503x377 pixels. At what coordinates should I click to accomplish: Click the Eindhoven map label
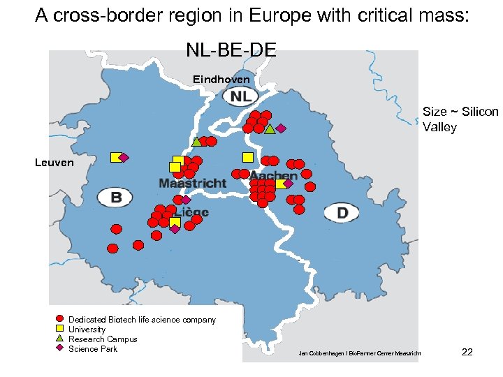(221, 80)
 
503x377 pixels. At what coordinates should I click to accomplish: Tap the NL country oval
(240, 97)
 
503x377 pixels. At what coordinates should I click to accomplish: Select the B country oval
(115, 198)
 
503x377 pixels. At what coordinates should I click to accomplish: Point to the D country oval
(342, 212)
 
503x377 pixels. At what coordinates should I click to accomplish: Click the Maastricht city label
(192, 184)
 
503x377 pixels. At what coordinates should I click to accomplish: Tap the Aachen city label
(273, 175)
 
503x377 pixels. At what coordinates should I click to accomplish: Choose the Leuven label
(54, 163)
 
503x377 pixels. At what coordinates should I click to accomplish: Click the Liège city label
(191, 212)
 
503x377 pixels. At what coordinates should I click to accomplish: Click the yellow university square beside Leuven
(115, 157)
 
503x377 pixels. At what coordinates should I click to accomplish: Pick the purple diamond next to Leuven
(124, 157)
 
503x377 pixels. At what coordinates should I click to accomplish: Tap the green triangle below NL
(270, 128)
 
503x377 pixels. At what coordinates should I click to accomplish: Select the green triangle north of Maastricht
(196, 142)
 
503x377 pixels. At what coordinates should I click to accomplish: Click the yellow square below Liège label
(175, 223)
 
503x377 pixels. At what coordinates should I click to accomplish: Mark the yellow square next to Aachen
(280, 184)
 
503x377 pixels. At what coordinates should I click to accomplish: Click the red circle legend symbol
(59, 319)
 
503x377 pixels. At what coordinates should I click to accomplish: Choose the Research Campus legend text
(103, 339)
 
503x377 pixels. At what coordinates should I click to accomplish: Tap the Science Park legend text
(93, 349)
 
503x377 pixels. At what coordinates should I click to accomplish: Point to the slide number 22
(467, 352)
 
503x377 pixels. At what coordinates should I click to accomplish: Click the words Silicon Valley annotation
(460, 119)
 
